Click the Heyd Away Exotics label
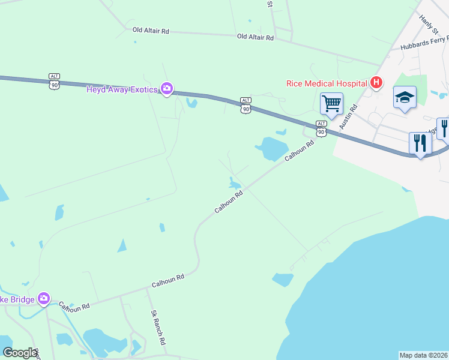(x=122, y=89)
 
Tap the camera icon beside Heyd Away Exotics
(x=167, y=89)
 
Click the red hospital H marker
(x=376, y=82)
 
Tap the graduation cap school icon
(x=405, y=98)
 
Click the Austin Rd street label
(x=348, y=116)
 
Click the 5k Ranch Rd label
(x=158, y=327)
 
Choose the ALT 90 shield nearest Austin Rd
(x=321, y=128)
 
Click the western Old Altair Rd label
(x=151, y=29)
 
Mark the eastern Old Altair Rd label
(x=255, y=37)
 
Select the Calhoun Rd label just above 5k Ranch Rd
(x=167, y=279)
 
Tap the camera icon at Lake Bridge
(x=43, y=298)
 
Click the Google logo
(x=20, y=353)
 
